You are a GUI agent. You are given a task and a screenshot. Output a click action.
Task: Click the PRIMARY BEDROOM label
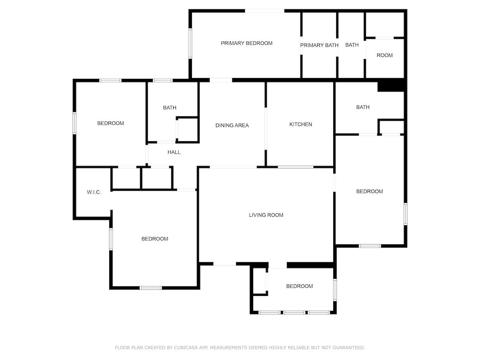(x=246, y=43)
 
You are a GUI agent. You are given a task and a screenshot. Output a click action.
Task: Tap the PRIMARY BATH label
(x=319, y=45)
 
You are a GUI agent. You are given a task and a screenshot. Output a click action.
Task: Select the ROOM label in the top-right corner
(x=384, y=55)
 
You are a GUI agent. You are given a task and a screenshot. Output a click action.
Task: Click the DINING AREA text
(x=232, y=126)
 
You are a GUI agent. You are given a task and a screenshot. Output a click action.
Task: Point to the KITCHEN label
(x=301, y=124)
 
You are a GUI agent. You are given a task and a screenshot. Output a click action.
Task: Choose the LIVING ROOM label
(x=266, y=215)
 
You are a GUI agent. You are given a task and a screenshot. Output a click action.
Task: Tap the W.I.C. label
(x=94, y=192)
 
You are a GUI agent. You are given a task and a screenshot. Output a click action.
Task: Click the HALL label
(x=174, y=152)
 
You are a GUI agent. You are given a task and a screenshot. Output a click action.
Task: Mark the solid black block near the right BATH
(x=391, y=85)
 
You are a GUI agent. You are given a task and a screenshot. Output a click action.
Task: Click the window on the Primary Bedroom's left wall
(x=190, y=44)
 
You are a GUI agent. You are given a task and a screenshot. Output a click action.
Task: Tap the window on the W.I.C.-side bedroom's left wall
(x=111, y=239)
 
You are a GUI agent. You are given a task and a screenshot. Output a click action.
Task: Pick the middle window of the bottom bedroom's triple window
(x=294, y=312)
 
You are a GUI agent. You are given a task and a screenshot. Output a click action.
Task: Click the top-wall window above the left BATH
(x=162, y=80)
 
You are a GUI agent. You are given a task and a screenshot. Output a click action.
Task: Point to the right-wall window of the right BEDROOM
(x=406, y=214)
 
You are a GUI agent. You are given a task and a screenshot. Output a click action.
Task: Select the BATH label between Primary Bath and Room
(x=352, y=45)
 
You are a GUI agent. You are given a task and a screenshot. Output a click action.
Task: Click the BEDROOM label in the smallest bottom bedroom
(x=299, y=286)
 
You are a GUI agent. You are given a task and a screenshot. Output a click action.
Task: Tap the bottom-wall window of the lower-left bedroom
(x=151, y=288)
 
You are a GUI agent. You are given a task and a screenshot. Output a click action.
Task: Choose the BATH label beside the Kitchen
(x=363, y=107)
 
